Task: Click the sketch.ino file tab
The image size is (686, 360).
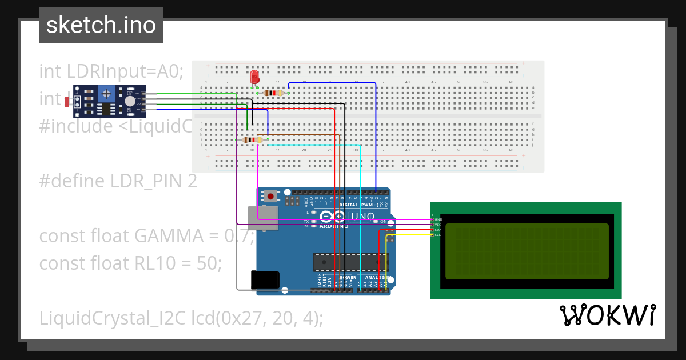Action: pyautogui.click(x=101, y=25)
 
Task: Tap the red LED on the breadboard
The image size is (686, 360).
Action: pyautogui.click(x=254, y=77)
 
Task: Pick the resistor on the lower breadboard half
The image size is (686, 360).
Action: pyautogui.click(x=252, y=139)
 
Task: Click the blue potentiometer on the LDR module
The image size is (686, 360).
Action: pyautogui.click(x=106, y=94)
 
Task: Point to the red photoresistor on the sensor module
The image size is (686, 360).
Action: pyautogui.click(x=67, y=102)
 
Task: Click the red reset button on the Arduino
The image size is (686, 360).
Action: pyautogui.click(x=270, y=196)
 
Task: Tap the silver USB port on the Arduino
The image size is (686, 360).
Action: pyautogui.click(x=262, y=219)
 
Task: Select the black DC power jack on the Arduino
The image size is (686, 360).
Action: pyautogui.click(x=265, y=280)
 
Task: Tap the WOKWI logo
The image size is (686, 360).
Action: pyautogui.click(x=608, y=315)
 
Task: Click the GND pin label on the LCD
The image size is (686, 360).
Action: pyautogui.click(x=438, y=219)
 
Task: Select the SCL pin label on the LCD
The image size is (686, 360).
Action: pyautogui.click(x=438, y=235)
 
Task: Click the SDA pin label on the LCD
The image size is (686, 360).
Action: pyautogui.click(x=438, y=230)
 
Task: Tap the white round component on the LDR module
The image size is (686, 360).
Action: pyautogui.click(x=130, y=100)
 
